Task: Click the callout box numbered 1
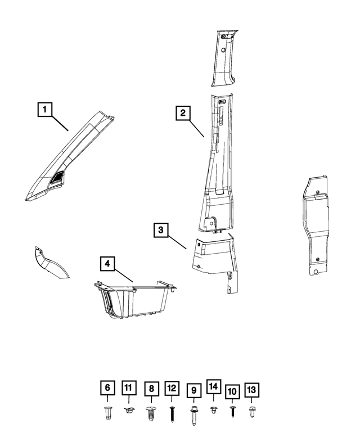(x=45, y=109)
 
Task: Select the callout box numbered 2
(x=183, y=113)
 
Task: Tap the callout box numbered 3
(x=161, y=230)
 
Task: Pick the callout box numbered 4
(x=107, y=264)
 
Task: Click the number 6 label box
(x=107, y=388)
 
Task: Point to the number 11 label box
(x=129, y=388)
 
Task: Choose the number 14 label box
(x=214, y=386)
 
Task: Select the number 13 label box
(x=251, y=390)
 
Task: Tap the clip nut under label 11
(x=129, y=410)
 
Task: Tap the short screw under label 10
(x=232, y=411)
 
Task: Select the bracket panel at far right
(x=315, y=224)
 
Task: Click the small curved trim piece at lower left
(x=50, y=263)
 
